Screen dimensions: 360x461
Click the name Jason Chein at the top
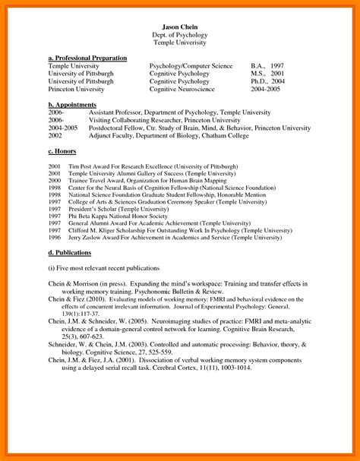(180, 27)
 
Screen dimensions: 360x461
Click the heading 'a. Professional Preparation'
(87, 58)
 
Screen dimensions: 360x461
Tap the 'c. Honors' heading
(64, 153)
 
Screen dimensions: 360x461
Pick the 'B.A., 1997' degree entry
(268, 66)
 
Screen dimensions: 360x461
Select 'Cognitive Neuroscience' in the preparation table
(185, 89)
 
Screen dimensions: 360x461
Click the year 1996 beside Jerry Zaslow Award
(55, 236)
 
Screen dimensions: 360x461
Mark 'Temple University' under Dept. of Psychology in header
(180, 43)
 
